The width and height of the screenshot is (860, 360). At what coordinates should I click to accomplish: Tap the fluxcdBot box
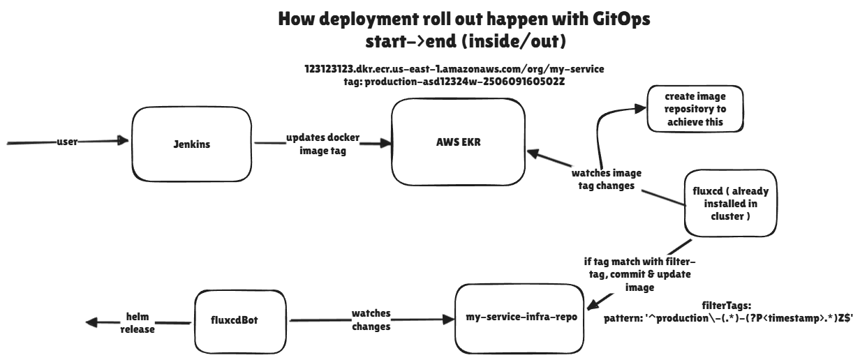coord(227,319)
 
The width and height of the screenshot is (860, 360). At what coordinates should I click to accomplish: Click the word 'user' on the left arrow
coord(67,142)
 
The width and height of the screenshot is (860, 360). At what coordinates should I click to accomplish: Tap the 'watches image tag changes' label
coord(606,179)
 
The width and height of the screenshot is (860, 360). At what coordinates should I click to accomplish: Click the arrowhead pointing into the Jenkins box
coord(125,142)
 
